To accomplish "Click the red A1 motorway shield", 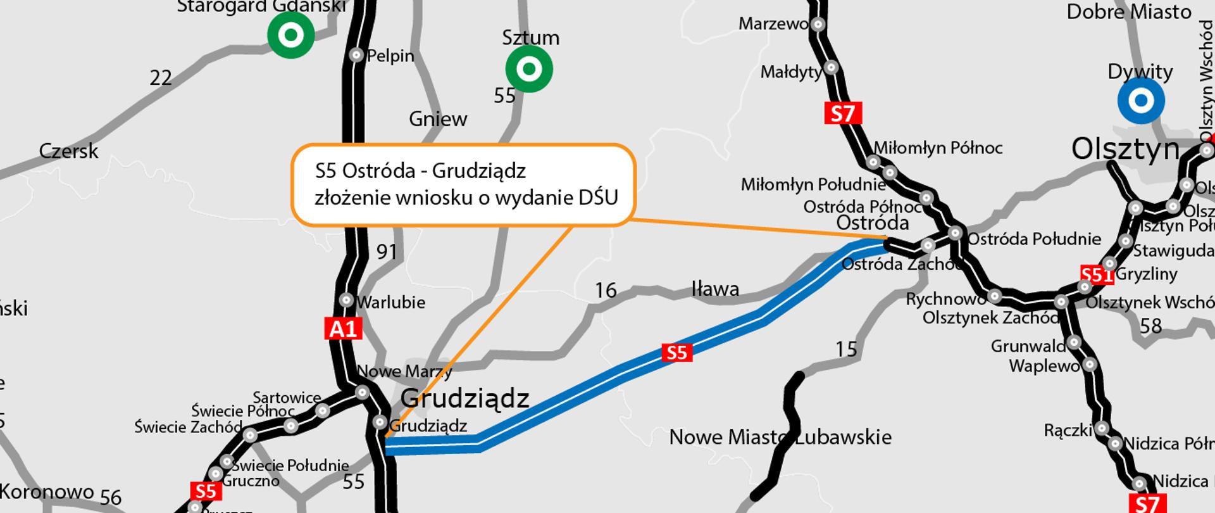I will coord(344,329).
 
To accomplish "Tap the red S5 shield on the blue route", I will coord(676,352).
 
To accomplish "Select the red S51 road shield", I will coord(1095,275).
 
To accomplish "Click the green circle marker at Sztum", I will coord(529,69).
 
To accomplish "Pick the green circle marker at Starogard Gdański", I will coord(290,35).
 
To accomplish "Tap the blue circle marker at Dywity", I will coord(1140,100).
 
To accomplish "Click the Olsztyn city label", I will coord(1125,149).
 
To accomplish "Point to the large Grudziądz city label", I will coord(465,398).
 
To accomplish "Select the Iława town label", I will coord(715,289).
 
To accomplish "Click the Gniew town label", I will coord(438,118).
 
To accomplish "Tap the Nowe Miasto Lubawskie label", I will coord(780,437).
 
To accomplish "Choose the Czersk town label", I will coord(69,151).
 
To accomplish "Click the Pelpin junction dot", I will coord(356,55).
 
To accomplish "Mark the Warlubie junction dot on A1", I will coord(346,300).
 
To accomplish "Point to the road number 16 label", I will coord(606,290).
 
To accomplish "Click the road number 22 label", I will coord(161,78).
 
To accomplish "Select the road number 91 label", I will coord(387,251).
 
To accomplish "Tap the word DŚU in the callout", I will coord(598,198).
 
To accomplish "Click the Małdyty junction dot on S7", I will coord(832,68).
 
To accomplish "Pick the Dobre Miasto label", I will coord(1129,11).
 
